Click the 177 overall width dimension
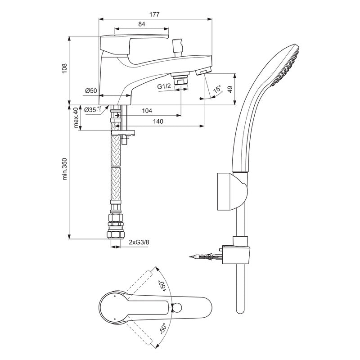pos(155,14)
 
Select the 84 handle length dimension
pos(141,25)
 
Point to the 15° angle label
pos(217,90)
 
